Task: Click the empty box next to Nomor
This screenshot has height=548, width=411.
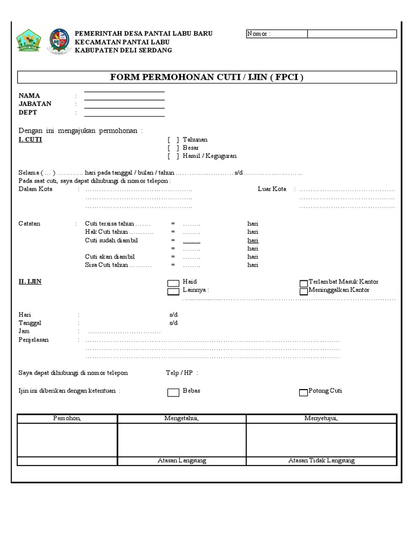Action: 352,34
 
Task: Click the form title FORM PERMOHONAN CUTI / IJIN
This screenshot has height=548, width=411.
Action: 207,77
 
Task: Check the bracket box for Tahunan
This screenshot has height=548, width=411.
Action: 173,140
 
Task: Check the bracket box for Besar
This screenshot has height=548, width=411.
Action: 173,148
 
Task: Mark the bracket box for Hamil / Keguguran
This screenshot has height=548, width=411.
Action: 173,156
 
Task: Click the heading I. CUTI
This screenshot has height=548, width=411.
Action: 31,140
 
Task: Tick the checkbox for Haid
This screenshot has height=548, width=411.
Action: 173,283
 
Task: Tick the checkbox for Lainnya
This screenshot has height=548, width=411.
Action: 173,292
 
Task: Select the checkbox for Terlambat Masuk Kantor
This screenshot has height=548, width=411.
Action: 304,283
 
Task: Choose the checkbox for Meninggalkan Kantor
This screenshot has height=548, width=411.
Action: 304,292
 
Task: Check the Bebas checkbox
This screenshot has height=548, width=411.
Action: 173,392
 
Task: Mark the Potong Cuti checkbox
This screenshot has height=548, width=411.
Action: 304,392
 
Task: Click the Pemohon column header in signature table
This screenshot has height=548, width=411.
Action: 67,418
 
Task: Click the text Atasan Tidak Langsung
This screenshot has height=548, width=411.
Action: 321,461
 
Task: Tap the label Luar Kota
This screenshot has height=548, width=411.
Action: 272,189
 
